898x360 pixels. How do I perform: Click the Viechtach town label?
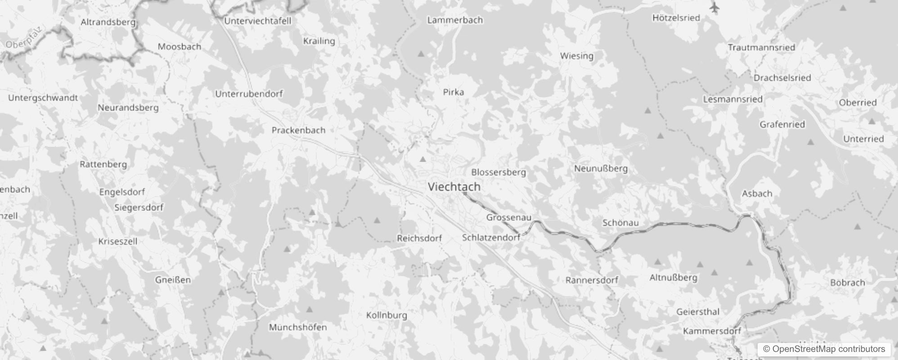coord(454,186)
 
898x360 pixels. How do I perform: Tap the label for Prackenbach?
coord(298,130)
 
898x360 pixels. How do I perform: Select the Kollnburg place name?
coord(386,315)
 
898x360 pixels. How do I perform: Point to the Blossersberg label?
coord(498,172)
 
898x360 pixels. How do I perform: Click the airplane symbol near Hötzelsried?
coord(714,8)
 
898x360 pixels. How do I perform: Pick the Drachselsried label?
coord(782,77)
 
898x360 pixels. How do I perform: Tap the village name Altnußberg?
coord(673,277)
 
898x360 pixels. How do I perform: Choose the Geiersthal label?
coord(698,311)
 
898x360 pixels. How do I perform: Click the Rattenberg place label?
coord(103,164)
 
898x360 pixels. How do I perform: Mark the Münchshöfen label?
coord(298,327)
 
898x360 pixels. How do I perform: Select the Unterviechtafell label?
coord(258,21)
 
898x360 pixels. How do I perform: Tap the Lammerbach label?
coord(455,20)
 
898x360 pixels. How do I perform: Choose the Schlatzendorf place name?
coord(491,237)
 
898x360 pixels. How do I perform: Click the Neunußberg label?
coord(601,168)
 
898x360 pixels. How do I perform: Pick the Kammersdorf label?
coord(712,331)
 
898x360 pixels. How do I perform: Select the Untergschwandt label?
coord(43,98)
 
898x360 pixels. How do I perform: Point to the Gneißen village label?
coord(173,279)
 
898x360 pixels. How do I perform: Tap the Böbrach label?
coord(848,283)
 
